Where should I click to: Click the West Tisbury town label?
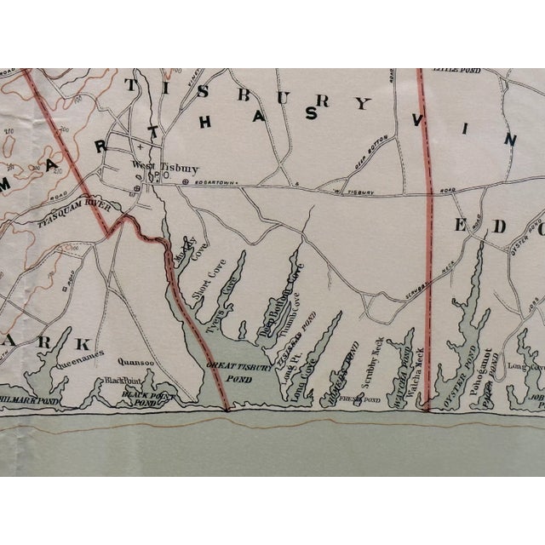(153, 167)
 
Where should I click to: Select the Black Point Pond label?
(149, 398)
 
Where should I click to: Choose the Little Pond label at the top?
(451, 68)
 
